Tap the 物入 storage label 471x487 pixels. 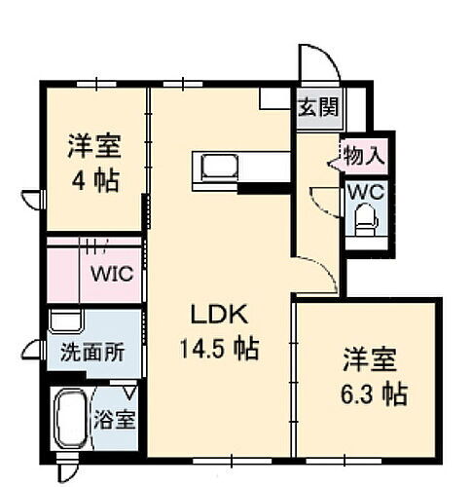pos(364,153)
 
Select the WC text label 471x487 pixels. pos(368,191)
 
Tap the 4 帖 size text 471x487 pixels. pos(93,182)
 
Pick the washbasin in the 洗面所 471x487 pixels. pos(65,323)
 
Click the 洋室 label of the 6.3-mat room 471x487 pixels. pos(367,358)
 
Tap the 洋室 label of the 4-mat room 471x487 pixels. pos(93,148)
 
